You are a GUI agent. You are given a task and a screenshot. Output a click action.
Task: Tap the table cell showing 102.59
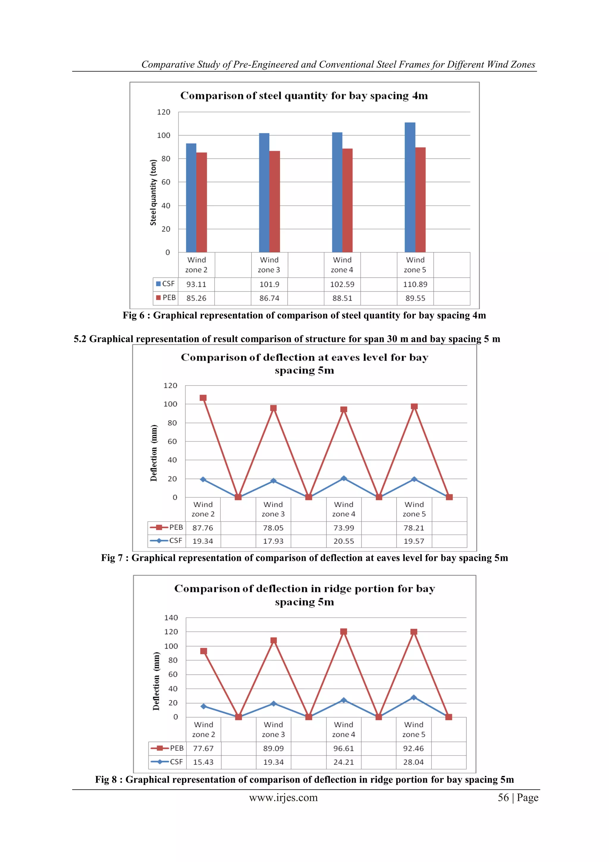[x=342, y=284]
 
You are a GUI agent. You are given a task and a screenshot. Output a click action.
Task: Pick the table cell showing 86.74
[x=269, y=298]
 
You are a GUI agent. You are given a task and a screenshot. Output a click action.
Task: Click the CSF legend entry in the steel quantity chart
[x=165, y=284]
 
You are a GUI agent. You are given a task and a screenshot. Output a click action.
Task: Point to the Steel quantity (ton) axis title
[x=153, y=192]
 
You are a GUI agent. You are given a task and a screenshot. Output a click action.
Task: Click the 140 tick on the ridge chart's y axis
[x=171, y=618]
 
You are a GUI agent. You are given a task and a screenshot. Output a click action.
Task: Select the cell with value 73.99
[x=343, y=528]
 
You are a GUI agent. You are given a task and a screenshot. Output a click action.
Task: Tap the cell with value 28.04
[x=413, y=762]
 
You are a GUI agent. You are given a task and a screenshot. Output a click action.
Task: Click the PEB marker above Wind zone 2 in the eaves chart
[x=203, y=398]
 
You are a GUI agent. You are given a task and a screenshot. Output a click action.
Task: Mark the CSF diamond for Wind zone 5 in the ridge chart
[x=414, y=697]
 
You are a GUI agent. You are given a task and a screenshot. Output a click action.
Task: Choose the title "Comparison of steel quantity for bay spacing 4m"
[x=304, y=96]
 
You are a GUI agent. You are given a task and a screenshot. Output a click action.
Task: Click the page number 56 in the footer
[x=503, y=797]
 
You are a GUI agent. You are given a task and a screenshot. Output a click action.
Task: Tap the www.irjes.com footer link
[x=283, y=797]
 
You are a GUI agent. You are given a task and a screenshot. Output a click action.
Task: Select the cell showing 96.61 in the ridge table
[x=343, y=748]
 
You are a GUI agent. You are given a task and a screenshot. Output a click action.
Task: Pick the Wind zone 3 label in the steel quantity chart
[x=269, y=265]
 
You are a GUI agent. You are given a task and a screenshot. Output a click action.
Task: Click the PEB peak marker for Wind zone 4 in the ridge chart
[x=343, y=631]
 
